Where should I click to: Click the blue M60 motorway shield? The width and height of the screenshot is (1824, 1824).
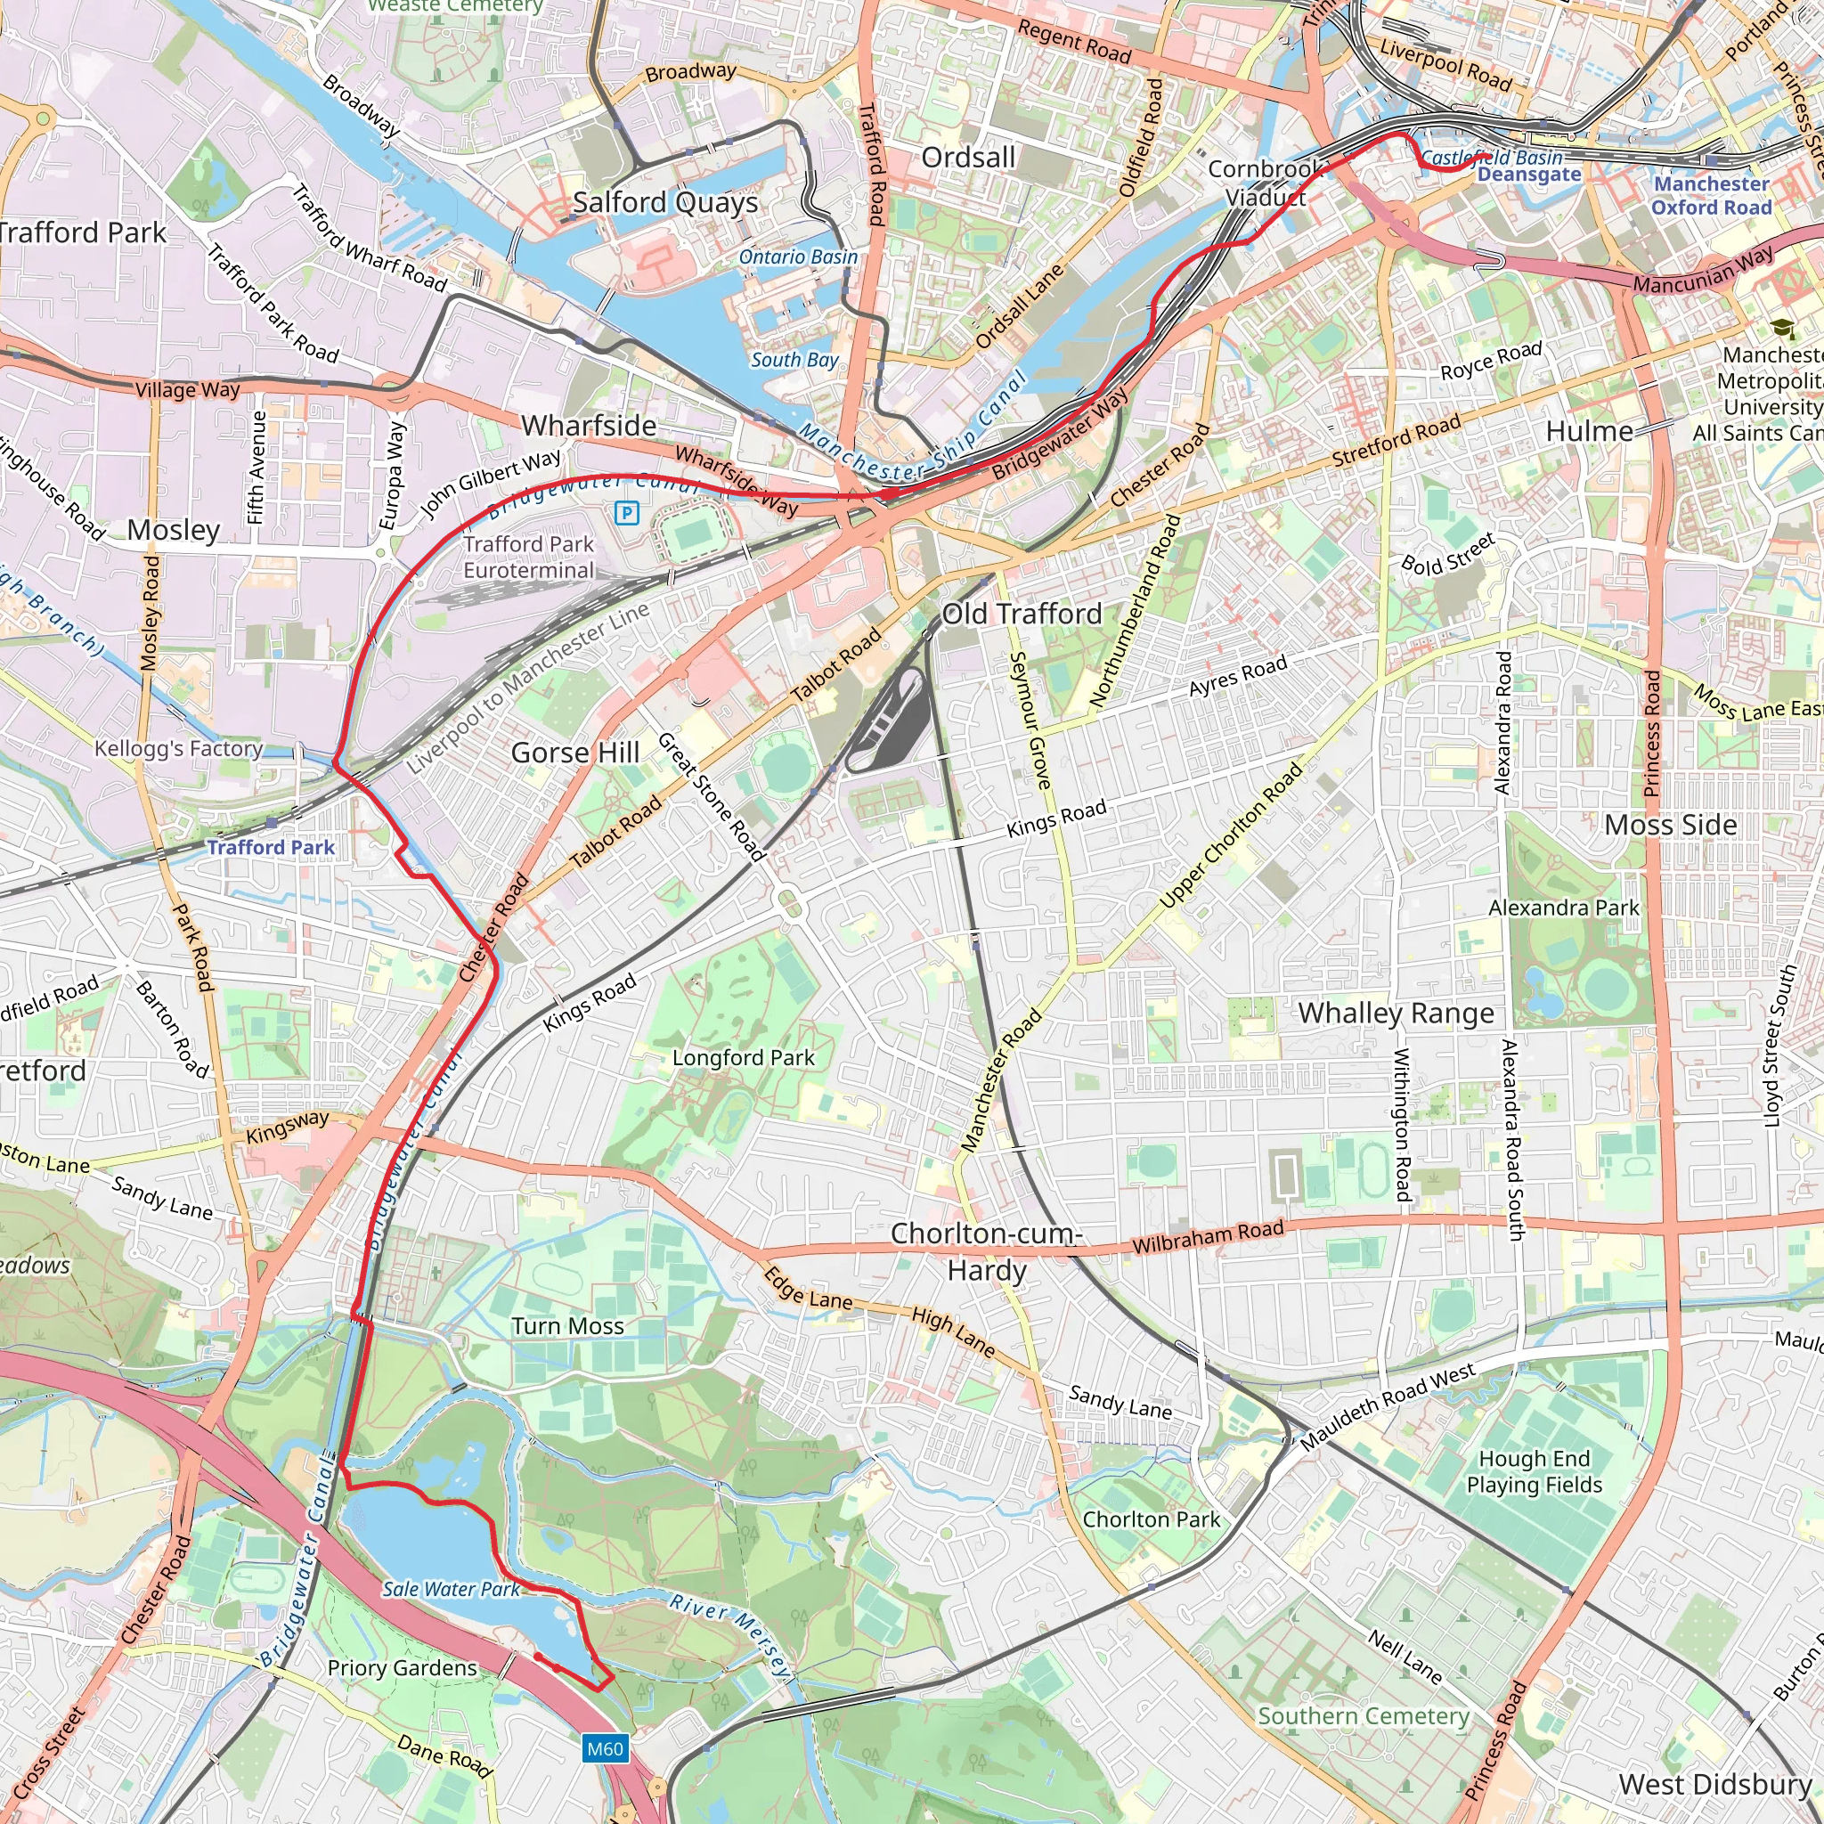[x=604, y=1748]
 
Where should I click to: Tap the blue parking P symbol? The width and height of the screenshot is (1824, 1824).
[x=626, y=513]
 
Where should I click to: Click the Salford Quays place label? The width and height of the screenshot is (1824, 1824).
[x=664, y=202]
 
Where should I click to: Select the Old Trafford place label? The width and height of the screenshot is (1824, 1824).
[x=1022, y=614]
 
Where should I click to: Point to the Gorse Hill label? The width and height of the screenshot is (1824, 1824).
[x=575, y=753]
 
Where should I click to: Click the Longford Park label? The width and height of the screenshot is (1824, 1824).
[x=743, y=1057]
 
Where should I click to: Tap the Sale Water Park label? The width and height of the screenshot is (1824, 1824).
[x=451, y=1589]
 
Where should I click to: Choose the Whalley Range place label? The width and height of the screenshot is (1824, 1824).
[x=1396, y=1013]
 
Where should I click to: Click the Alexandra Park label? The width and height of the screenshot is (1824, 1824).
[x=1563, y=908]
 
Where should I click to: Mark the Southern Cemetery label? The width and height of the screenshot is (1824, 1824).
[x=1364, y=1715]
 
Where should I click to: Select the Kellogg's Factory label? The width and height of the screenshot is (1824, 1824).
[x=178, y=749]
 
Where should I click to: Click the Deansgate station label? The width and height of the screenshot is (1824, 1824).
[x=1528, y=174]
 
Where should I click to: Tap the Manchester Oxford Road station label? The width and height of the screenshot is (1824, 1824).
[x=1711, y=195]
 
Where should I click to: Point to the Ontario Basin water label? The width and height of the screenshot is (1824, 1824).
[x=798, y=256]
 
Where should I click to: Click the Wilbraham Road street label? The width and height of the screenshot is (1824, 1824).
[x=1208, y=1236]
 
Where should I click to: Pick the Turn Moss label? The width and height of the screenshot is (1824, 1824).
[x=567, y=1326]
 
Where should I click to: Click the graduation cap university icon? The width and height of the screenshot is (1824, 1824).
[x=1782, y=329]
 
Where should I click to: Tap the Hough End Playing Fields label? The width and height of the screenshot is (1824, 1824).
[x=1535, y=1472]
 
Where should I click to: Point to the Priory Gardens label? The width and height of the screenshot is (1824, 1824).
[x=403, y=1668]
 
